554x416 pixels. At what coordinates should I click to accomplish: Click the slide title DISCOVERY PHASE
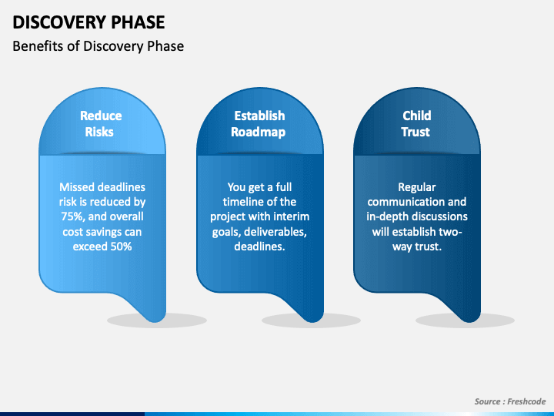pyautogui.click(x=88, y=22)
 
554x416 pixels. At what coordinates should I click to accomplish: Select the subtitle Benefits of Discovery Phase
pyautogui.click(x=98, y=46)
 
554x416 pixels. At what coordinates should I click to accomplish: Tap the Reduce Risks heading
pyautogui.click(x=101, y=124)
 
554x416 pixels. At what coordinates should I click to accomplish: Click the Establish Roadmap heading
pyautogui.click(x=259, y=124)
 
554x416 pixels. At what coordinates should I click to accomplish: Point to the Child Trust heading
pyautogui.click(x=416, y=124)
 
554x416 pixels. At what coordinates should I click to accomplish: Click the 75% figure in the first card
pyautogui.click(x=72, y=216)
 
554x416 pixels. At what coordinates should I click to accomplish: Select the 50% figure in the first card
pyautogui.click(x=122, y=247)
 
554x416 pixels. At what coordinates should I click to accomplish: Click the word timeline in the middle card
pyautogui.click(x=242, y=202)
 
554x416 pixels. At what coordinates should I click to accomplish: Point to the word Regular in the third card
pyautogui.click(x=417, y=187)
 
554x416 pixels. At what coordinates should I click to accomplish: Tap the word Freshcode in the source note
pyautogui.click(x=526, y=401)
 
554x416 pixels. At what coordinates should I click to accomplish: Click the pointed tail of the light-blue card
pyautogui.click(x=155, y=320)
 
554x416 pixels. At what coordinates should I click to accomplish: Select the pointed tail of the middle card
pyautogui.click(x=312, y=320)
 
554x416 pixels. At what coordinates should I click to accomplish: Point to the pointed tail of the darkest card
pyautogui.click(x=469, y=320)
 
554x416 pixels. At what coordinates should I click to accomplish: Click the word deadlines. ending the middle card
pyautogui.click(x=260, y=247)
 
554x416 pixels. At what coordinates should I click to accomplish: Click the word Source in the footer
pyautogui.click(x=487, y=401)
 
